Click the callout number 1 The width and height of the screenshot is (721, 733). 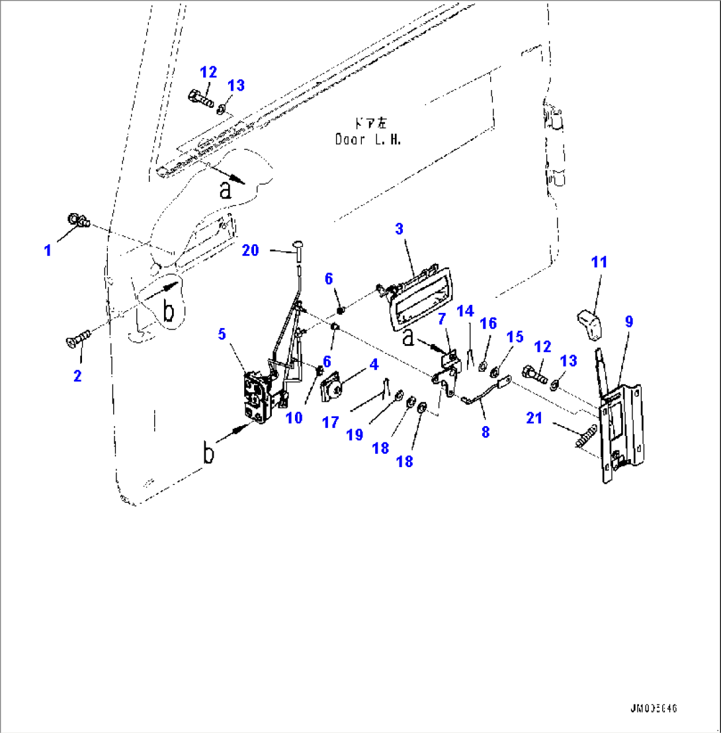pyautogui.click(x=48, y=250)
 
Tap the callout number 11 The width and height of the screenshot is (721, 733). pyautogui.click(x=599, y=262)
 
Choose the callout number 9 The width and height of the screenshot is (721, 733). pyautogui.click(x=628, y=322)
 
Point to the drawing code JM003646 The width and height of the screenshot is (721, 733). pyautogui.click(x=652, y=709)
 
